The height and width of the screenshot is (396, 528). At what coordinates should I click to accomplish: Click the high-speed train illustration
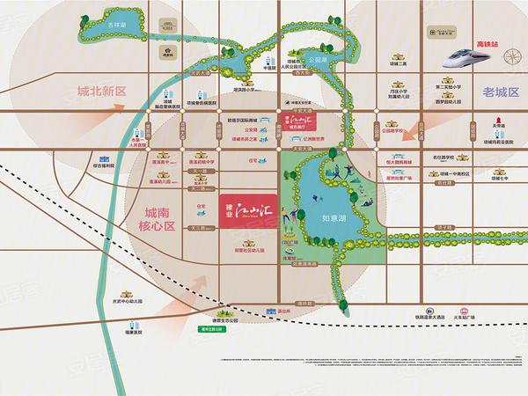click(x=467, y=61)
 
